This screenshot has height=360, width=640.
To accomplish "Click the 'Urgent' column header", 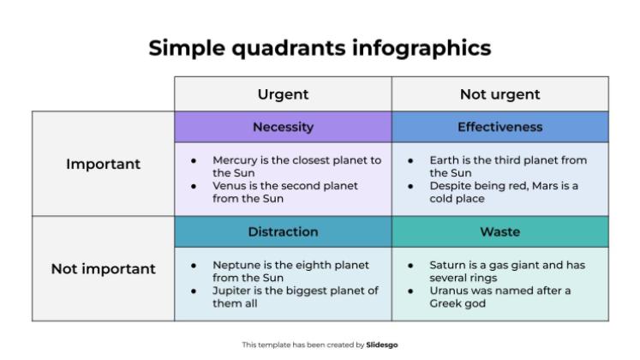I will tap(283, 94).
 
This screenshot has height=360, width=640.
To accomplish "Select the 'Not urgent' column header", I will tap(500, 94).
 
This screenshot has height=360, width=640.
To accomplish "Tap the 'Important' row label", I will tap(103, 164).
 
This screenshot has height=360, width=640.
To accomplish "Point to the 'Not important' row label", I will tap(103, 269).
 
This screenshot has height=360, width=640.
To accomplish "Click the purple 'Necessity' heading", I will tap(283, 127).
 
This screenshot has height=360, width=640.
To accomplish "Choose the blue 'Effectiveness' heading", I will tap(500, 127).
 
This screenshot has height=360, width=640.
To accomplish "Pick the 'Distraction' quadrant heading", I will tap(283, 231).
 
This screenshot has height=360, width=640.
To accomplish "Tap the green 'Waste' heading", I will tap(500, 231).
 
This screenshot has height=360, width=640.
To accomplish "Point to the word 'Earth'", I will tap(445, 160).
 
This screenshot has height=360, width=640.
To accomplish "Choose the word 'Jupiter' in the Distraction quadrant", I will tap(232, 291).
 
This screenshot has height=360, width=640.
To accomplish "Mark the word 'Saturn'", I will tap(449, 266).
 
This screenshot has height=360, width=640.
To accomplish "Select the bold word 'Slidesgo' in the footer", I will tap(382, 345).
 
